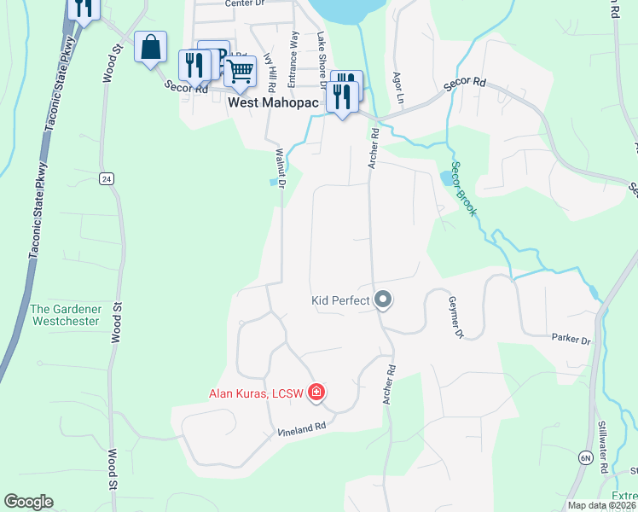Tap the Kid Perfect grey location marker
(383, 300)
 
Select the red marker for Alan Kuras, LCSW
(316, 393)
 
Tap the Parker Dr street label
(571, 340)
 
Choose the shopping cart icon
(241, 71)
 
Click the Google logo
(28, 502)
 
